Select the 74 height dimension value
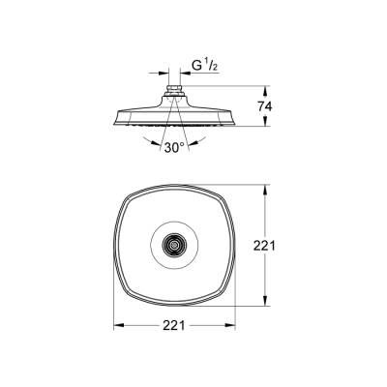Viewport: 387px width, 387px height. (x=274, y=106)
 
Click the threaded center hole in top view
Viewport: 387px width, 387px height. (x=175, y=248)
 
